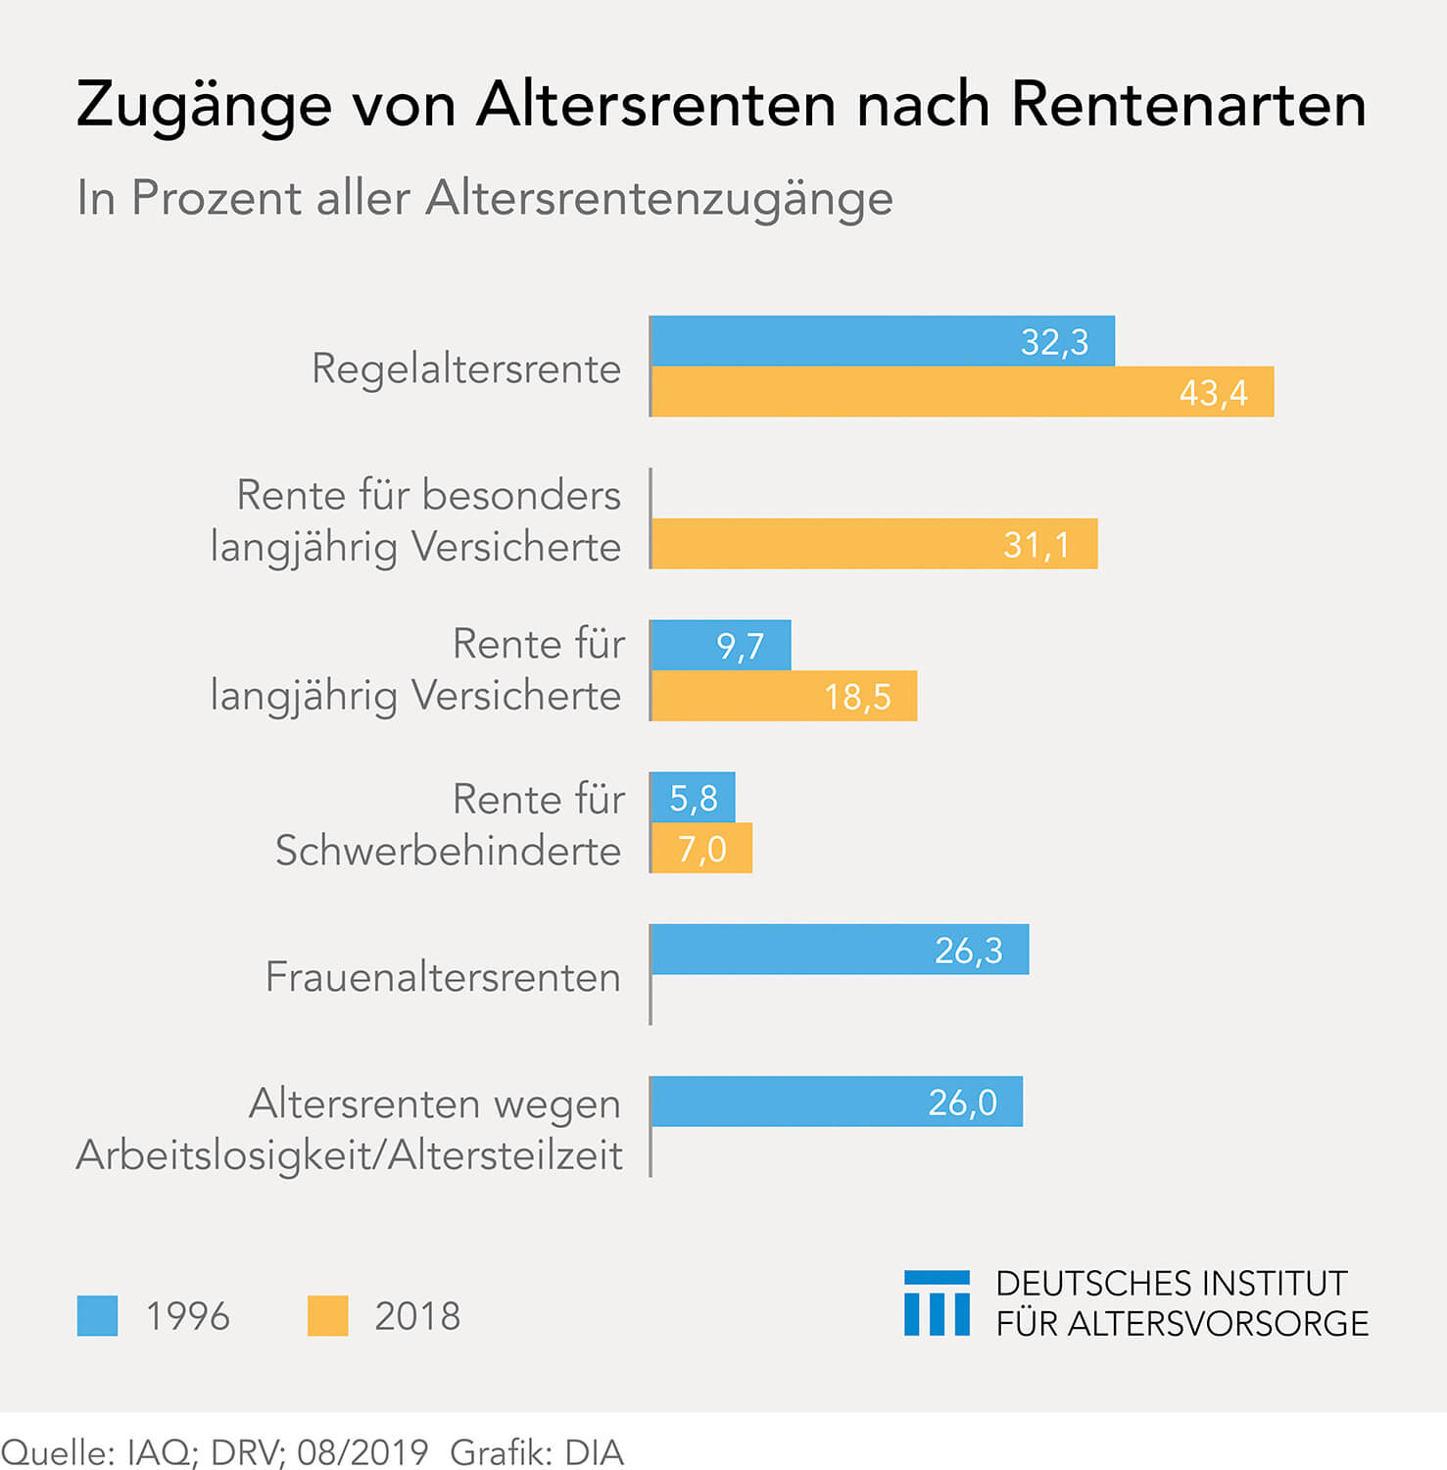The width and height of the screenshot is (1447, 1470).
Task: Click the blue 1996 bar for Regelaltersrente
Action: pos(882,341)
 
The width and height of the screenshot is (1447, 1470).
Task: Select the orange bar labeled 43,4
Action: pos(962,392)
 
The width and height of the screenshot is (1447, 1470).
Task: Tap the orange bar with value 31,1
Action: pos(874,544)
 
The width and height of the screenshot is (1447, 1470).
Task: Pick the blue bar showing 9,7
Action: pos(720,645)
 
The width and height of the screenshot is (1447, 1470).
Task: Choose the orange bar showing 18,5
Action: pos(784,696)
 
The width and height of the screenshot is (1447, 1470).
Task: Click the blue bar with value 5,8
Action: pos(693,798)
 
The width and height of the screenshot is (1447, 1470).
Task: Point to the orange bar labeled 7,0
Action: pos(701,849)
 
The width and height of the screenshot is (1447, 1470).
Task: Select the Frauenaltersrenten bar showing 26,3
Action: pos(840,950)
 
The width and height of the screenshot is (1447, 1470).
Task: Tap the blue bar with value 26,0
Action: pos(837,1102)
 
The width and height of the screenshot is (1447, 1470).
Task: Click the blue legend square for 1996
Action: pos(97,1316)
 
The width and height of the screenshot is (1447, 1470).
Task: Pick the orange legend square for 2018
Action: pos(327,1316)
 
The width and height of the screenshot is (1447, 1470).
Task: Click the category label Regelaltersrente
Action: pos(466,369)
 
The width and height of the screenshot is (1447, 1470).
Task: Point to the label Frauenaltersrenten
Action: pos(443,977)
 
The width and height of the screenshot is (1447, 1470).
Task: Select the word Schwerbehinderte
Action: pos(448,851)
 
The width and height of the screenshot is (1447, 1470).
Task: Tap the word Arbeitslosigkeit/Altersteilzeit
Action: pos(349,1154)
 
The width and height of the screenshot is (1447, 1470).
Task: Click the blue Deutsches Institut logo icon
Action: pos(937,1303)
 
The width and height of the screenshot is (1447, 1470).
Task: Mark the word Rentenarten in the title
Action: pos(1188,104)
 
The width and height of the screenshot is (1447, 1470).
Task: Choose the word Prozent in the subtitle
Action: pos(217,198)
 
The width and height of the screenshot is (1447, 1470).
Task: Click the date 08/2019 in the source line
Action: pos(362,1451)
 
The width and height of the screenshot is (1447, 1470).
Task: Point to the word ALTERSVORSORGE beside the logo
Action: pos(1218,1324)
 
